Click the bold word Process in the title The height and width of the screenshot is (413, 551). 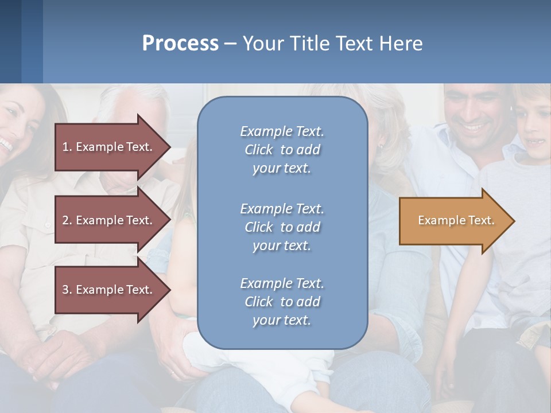[x=180, y=44]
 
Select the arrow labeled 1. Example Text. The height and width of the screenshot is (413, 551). [x=109, y=147]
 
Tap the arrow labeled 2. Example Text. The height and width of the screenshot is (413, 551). [x=109, y=220]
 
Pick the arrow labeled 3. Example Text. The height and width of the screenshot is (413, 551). [x=109, y=290]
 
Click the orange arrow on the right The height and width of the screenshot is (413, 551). [x=453, y=221]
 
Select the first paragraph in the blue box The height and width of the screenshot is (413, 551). [x=282, y=150]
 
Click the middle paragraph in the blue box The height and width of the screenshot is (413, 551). [x=282, y=227]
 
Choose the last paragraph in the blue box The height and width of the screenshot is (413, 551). [x=282, y=302]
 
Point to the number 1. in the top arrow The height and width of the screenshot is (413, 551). [x=67, y=147]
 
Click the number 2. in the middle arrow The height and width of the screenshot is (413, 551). [x=67, y=220]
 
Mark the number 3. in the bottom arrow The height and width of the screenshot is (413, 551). [x=67, y=290]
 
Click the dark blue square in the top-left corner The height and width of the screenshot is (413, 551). [x=10, y=41]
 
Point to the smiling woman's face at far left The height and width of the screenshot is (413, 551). [x=11, y=129]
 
